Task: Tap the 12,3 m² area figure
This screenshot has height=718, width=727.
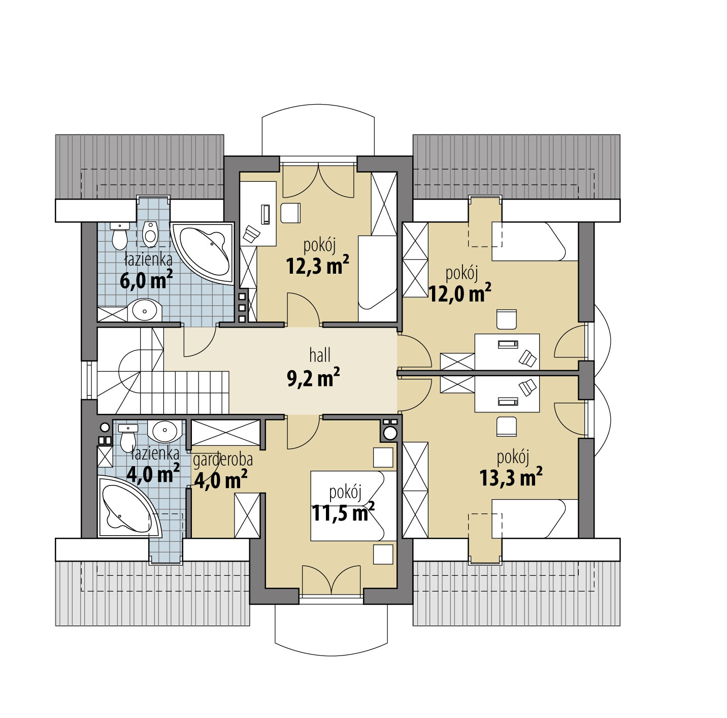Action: (x=317, y=266)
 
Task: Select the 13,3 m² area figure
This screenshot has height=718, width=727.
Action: (x=511, y=477)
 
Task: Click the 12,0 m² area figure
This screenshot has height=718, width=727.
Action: (x=460, y=292)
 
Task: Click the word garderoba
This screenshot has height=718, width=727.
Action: (x=223, y=460)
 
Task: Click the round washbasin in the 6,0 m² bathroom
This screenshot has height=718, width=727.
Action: (x=145, y=310)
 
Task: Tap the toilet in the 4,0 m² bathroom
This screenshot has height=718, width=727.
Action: (x=128, y=437)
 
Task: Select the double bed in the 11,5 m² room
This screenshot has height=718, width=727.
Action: (x=353, y=506)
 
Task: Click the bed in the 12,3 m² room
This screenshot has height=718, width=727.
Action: (x=377, y=279)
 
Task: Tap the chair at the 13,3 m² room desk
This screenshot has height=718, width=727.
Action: (x=506, y=426)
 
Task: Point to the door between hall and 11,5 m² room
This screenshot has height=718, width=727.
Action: (x=304, y=433)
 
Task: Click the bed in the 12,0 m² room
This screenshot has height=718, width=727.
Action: (x=535, y=242)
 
